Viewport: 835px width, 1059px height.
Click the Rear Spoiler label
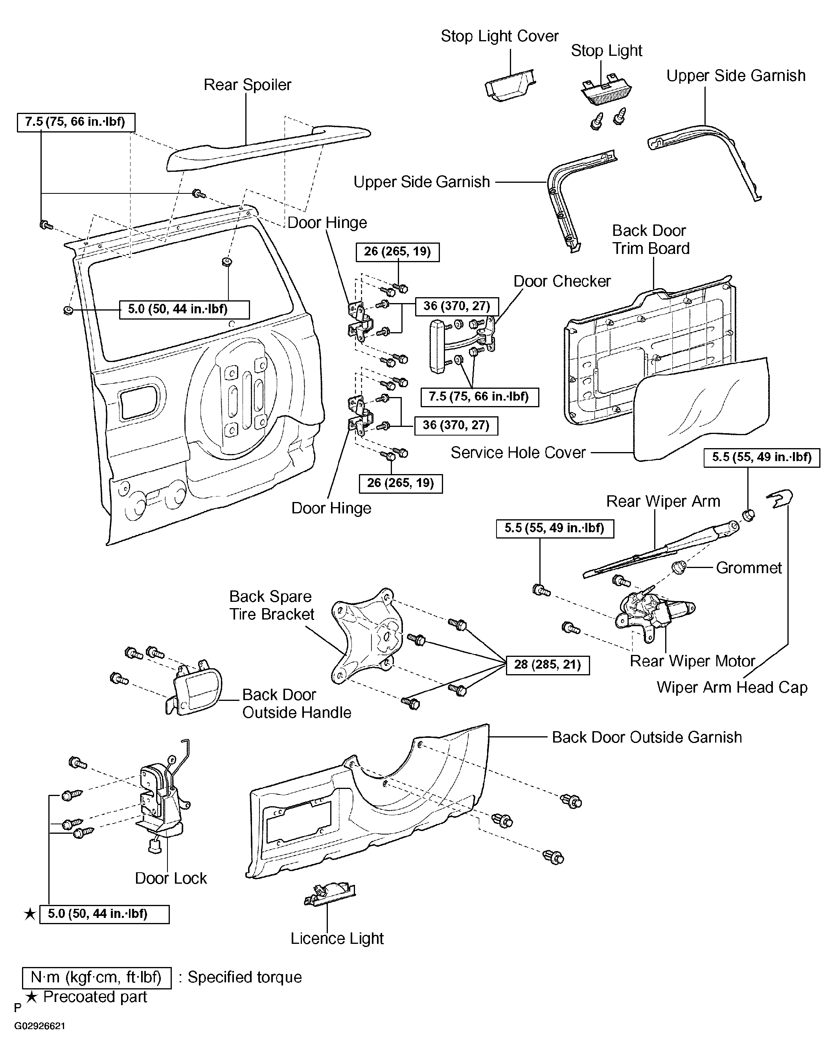coord(247,85)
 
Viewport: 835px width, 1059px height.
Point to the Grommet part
coord(679,568)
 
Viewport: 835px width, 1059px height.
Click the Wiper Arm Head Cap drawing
coord(781,499)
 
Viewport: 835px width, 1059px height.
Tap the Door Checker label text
coord(562,281)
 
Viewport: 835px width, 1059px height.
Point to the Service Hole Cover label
coord(518,453)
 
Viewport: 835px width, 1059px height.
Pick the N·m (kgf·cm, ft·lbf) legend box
coord(96,977)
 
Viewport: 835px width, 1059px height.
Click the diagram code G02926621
coord(40,1026)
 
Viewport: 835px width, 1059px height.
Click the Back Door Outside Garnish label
coord(646,737)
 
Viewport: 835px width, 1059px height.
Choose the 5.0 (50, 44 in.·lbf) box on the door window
coord(184,309)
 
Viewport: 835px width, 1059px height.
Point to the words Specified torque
coord(245,977)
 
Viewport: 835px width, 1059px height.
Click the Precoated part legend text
coord(95,997)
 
